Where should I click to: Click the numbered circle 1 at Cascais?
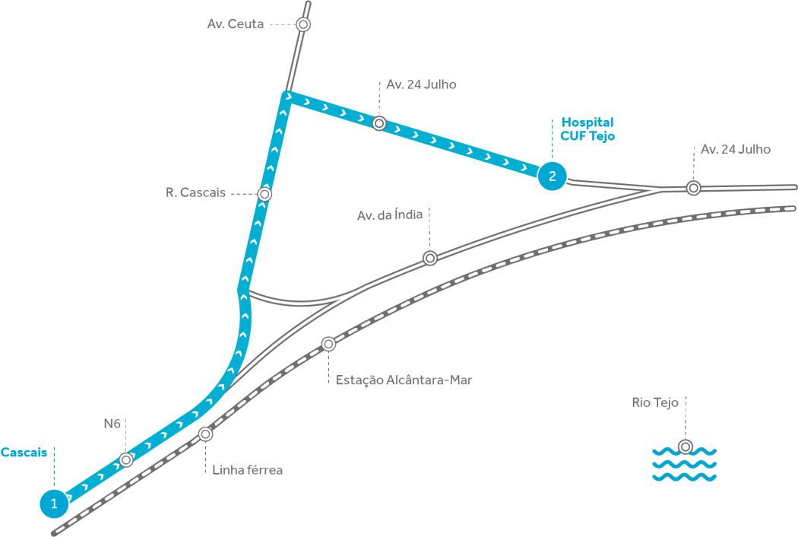53,502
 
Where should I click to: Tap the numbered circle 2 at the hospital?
552,176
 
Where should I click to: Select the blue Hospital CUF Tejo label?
587,129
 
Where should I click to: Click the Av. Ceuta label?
236,24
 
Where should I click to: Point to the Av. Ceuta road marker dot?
303,24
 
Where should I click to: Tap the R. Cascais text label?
195,193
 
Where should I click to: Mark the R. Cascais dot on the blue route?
264,194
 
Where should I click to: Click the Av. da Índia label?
390,216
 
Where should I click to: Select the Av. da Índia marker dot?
430,258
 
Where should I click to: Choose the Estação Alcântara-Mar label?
404,380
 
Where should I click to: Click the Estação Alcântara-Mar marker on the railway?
328,344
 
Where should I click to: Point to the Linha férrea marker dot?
205,434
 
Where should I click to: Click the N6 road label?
112,423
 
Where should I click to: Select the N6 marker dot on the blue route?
126,459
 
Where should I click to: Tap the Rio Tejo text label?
655,402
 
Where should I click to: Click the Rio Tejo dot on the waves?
686,446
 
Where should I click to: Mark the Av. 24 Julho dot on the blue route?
379,122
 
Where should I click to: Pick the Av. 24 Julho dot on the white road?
693,187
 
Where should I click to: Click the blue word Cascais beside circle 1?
24,453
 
